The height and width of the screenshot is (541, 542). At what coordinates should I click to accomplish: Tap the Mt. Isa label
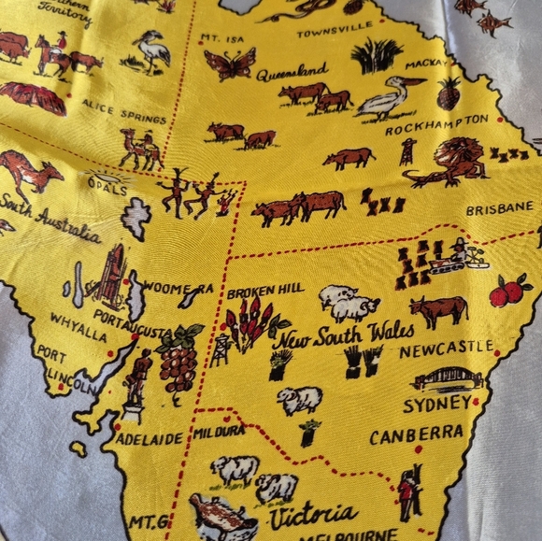point(221,40)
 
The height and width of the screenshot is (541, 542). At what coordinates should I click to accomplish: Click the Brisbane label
point(499,209)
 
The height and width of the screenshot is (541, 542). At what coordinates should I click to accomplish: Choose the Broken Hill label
point(264,291)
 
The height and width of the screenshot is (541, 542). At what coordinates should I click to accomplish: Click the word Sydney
point(437,404)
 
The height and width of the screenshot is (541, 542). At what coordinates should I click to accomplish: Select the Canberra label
point(416,434)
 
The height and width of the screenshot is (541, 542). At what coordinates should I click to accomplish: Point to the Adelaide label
point(151,439)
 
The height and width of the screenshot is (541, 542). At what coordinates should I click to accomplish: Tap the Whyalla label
point(78,320)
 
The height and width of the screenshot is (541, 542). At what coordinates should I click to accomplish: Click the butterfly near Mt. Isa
point(229,64)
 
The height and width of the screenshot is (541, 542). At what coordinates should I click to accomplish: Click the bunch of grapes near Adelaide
point(178,360)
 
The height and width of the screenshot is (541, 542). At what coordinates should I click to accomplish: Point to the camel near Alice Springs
point(140,148)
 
